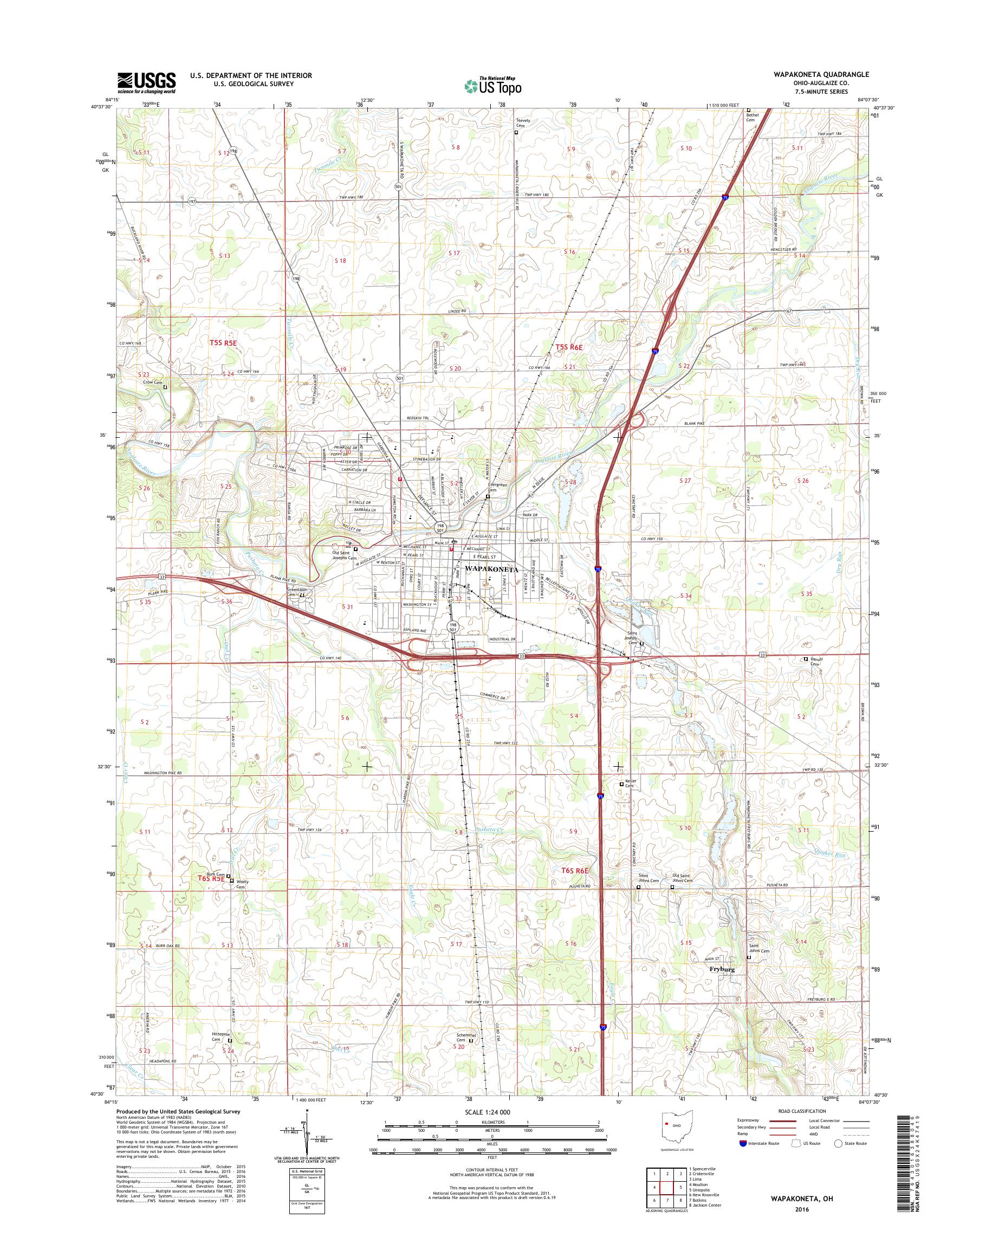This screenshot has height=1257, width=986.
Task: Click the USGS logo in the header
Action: [147, 82]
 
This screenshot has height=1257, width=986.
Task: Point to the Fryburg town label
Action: [722, 969]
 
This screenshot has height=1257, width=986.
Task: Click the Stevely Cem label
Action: [523, 123]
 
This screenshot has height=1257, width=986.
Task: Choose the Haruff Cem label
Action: [814, 662]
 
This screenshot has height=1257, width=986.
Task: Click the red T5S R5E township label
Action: [222, 342]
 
